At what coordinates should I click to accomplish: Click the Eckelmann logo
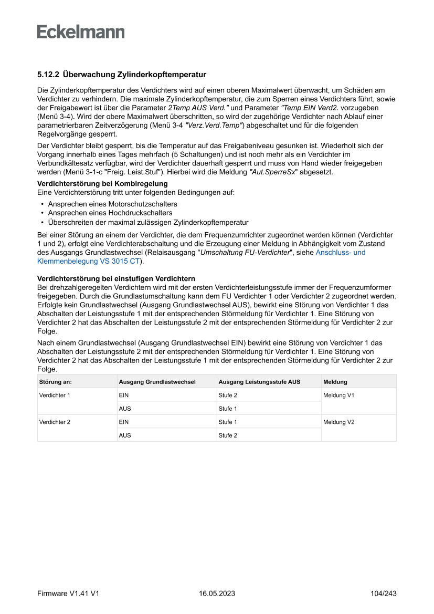click(x=81, y=32)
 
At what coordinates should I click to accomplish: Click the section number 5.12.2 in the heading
click(x=48, y=75)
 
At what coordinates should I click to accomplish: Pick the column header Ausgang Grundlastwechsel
click(x=157, y=382)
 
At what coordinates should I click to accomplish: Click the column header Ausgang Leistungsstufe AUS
click(x=259, y=382)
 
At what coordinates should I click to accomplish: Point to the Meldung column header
click(x=335, y=382)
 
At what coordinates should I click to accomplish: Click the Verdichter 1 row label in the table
click(x=55, y=395)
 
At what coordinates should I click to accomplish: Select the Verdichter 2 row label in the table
click(x=55, y=422)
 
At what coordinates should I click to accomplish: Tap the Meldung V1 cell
click(x=338, y=395)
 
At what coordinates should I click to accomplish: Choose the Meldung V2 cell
click(x=338, y=422)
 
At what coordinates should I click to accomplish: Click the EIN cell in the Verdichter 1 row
click(x=124, y=395)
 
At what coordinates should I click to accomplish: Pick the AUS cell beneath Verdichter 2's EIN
click(x=124, y=435)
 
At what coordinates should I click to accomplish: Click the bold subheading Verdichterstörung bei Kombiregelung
click(x=103, y=183)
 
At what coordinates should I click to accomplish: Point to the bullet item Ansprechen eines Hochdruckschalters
click(x=110, y=213)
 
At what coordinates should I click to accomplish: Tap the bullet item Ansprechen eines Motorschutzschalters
click(x=112, y=204)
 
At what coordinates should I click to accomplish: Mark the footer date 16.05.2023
click(x=217, y=594)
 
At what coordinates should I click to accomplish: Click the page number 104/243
click(x=383, y=594)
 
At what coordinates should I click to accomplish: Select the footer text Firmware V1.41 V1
click(x=68, y=594)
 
